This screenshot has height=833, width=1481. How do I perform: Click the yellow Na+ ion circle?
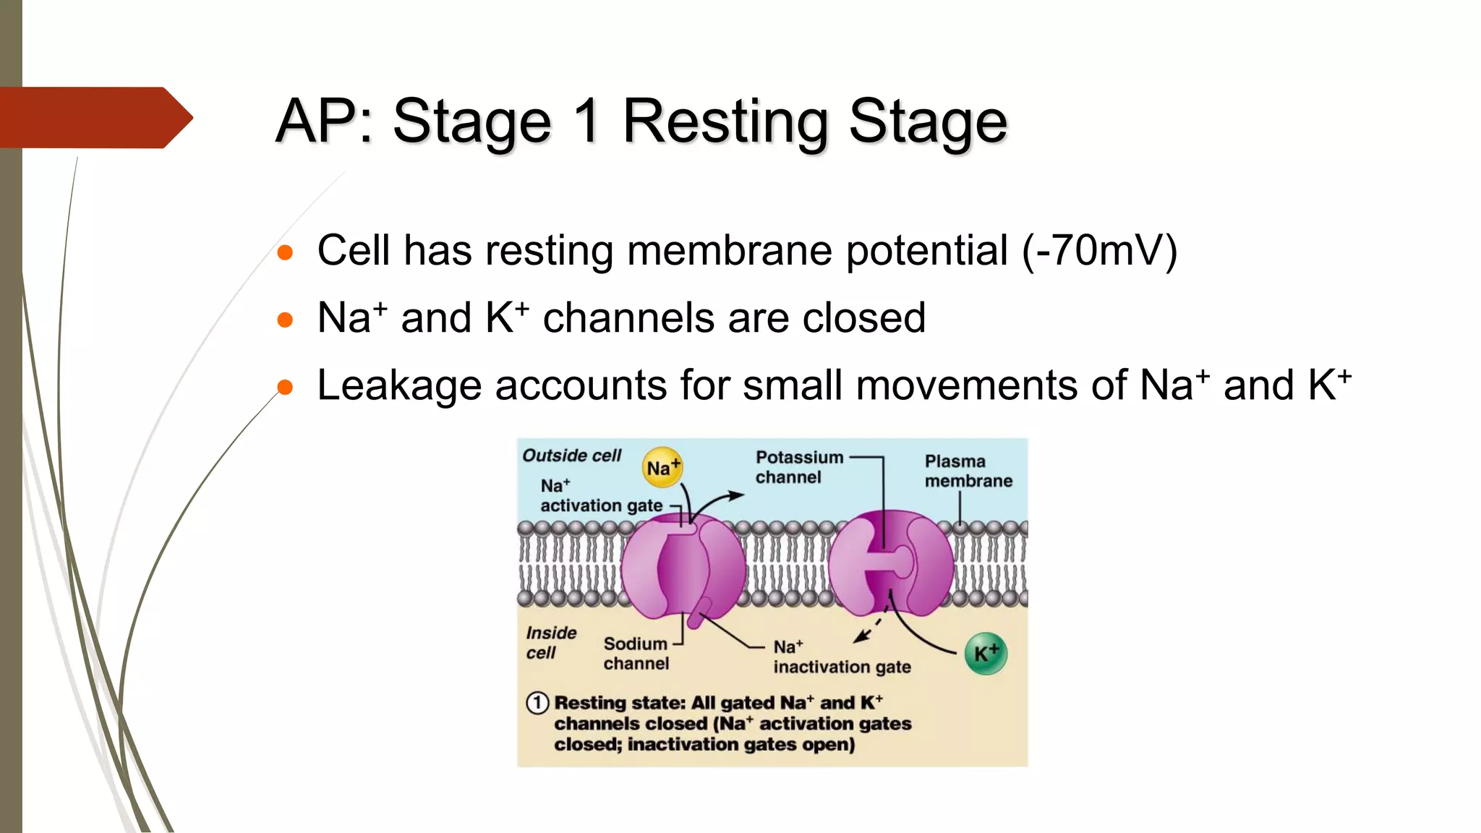[662, 467]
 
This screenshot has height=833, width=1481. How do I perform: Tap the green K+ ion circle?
[986, 653]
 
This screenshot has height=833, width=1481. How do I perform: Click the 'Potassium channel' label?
[798, 467]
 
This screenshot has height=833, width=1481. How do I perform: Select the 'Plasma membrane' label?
[968, 471]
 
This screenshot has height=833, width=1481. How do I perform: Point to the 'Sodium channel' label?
[636, 653]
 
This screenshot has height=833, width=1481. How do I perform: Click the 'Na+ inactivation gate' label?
[841, 657]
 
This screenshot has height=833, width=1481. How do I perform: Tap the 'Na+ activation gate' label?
[600, 496]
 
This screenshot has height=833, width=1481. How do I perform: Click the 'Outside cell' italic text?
[571, 456]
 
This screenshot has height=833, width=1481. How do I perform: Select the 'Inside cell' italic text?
[550, 642]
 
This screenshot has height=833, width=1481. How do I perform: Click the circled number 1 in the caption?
[537, 702]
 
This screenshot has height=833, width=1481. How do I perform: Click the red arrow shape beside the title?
[94, 117]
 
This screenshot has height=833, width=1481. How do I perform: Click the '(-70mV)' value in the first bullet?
[1099, 250]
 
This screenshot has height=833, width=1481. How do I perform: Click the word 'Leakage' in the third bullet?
[399, 385]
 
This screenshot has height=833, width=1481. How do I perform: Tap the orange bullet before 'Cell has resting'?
[286, 252]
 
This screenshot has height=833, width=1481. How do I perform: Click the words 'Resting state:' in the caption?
[619, 702]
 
